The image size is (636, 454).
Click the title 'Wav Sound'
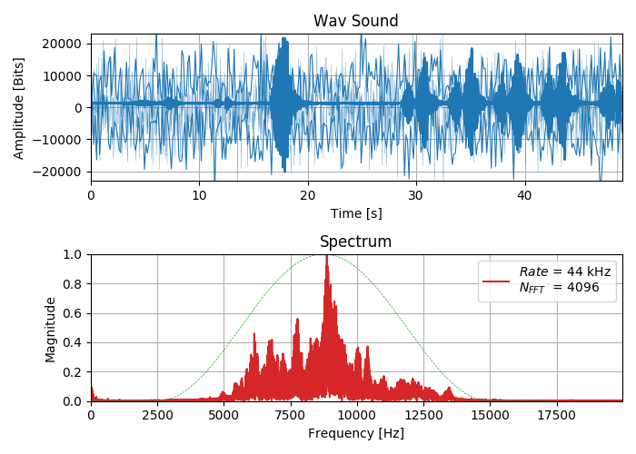355,21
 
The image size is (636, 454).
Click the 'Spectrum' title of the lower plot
355,242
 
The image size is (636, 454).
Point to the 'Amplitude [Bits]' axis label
19,108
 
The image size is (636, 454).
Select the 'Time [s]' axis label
355,213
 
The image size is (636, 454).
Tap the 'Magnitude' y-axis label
51,328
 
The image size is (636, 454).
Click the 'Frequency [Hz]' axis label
355,433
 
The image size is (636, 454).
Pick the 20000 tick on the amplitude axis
61,44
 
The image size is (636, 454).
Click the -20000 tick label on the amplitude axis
58,172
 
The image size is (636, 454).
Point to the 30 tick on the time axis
416,195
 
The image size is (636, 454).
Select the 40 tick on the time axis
524,195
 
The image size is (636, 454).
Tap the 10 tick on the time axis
199,195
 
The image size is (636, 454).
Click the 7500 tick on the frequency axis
291,415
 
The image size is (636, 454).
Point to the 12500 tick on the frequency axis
423,415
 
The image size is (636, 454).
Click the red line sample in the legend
496,281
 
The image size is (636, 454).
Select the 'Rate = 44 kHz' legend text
564,271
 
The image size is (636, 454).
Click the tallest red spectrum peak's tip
326,257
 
